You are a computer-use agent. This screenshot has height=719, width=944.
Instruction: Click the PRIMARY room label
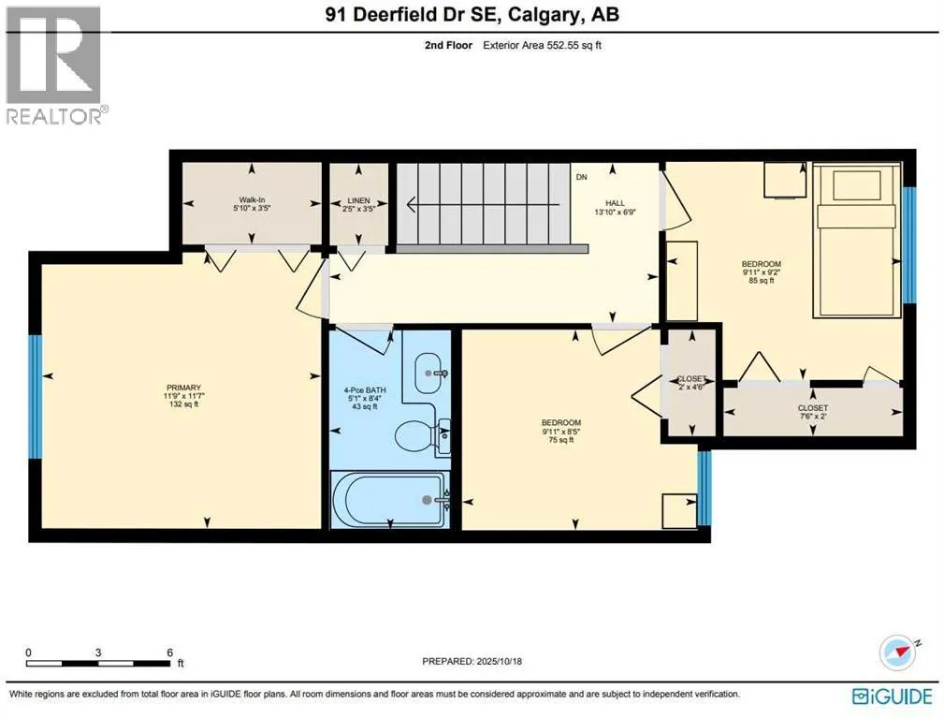pos(183,388)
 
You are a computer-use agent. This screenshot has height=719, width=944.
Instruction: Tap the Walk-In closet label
pos(252,200)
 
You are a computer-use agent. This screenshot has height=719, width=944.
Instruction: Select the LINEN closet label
pos(359,200)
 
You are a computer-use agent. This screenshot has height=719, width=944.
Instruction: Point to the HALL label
pos(616,203)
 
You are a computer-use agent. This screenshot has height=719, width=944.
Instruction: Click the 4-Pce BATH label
pos(365,390)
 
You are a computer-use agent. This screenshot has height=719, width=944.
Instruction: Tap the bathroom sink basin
pos(429,373)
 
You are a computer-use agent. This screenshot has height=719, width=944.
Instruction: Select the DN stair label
pos(582,177)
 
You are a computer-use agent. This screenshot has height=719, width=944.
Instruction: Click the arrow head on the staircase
pos(412,205)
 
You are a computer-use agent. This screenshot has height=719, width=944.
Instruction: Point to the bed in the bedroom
pos(857,240)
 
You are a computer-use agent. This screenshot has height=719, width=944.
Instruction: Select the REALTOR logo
pos(54,66)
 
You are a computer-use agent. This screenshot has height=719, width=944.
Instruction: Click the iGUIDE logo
pos(893,697)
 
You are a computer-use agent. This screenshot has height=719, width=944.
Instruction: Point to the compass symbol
pos(897,653)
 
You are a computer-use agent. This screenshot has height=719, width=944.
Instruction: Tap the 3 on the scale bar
pos(98,653)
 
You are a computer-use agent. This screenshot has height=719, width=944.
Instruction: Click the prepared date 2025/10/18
pos(499,661)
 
